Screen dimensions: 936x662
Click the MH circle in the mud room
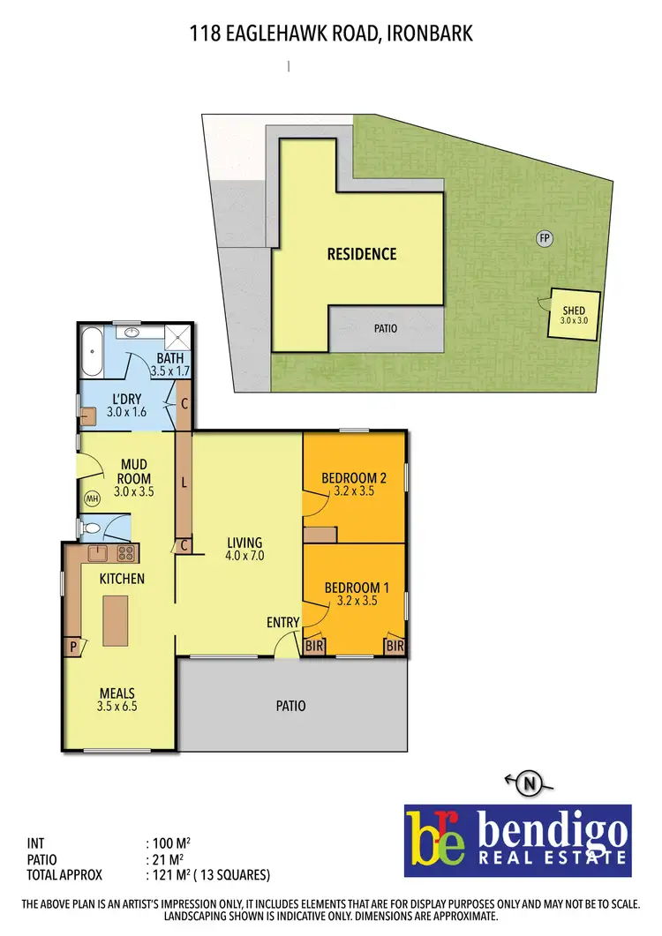pyautogui.click(x=92, y=499)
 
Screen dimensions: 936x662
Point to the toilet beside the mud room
pyautogui.click(x=91, y=528)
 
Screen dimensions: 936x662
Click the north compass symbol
pyautogui.click(x=530, y=781)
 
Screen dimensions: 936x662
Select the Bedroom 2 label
pyautogui.click(x=355, y=478)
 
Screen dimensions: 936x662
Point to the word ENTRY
pyautogui.click(x=283, y=623)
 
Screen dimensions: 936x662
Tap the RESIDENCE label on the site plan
pyautogui.click(x=362, y=254)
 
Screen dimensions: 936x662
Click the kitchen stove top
pyautogui.click(x=125, y=554)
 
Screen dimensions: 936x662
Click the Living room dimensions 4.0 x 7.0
pyautogui.click(x=245, y=556)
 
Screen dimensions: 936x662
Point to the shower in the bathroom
pyautogui.click(x=177, y=336)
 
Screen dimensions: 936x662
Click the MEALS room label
pyautogui.click(x=117, y=693)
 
